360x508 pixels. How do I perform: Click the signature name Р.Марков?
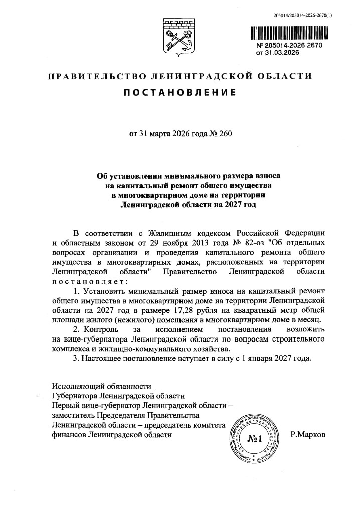coord(308,435)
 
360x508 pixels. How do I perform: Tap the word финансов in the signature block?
coord(69,435)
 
